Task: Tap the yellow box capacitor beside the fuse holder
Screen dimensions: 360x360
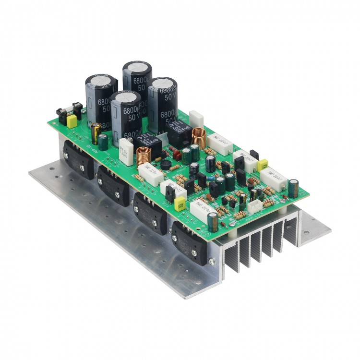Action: pyautogui.click(x=72, y=122)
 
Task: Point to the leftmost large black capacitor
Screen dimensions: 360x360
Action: pyautogui.click(x=101, y=98)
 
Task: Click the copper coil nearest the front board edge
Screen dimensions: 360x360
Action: pyautogui.click(x=143, y=157)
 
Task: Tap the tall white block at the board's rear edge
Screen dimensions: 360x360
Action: pyautogui.click(x=196, y=119)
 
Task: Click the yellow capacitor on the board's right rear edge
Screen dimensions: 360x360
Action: pyautogui.click(x=264, y=165)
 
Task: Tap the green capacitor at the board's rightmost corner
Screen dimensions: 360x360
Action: pyautogui.click(x=294, y=188)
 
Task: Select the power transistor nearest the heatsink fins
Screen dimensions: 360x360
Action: pyautogui.click(x=190, y=243)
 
